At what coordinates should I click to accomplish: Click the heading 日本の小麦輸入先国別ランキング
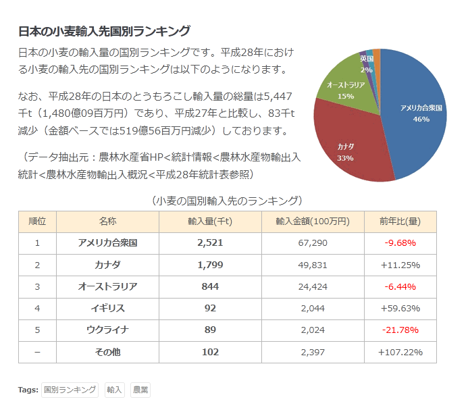pos(103,31)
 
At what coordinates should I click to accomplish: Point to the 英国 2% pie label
pos(367,64)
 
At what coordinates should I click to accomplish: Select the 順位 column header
pos(37,222)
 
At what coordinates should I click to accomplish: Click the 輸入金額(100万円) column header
pos(312,222)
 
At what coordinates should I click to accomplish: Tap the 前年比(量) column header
pos(400,222)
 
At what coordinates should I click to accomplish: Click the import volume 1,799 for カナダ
pos(210,265)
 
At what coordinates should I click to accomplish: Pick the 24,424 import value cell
pos(312,286)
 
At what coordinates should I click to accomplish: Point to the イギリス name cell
pos(107,308)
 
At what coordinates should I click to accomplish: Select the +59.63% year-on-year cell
pos(400,308)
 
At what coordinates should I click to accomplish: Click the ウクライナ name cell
pos(107,330)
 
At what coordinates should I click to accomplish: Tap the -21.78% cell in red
pos(400,330)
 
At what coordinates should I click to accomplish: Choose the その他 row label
pos(107,352)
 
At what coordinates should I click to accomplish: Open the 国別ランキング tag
pos(70,390)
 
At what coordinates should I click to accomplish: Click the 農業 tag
pos(140,390)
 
